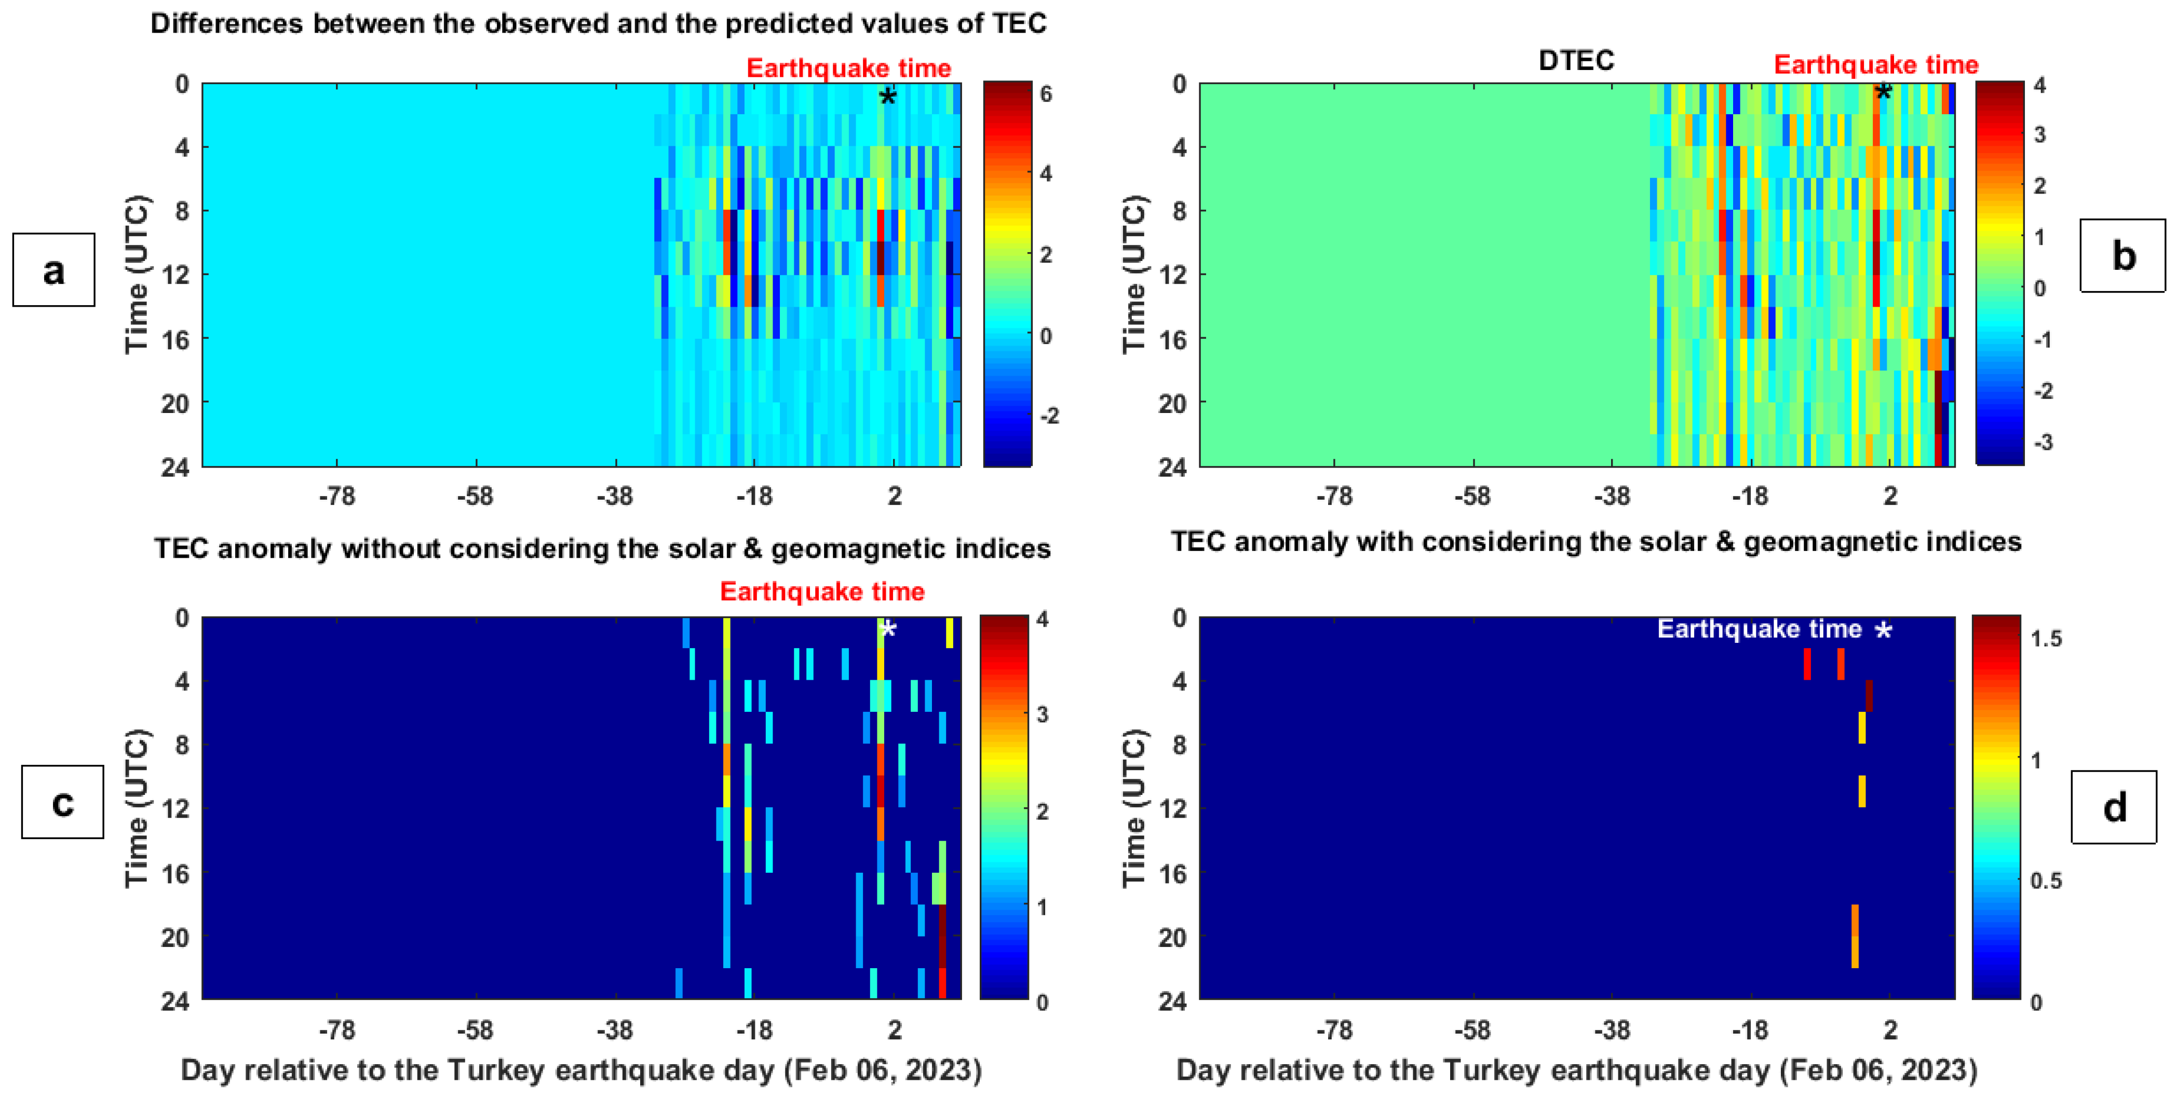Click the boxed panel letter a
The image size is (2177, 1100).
point(53,270)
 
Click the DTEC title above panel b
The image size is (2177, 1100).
point(1576,60)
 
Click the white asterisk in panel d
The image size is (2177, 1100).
point(1884,631)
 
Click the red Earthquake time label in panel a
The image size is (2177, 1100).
point(848,67)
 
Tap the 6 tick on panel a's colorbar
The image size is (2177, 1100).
point(1046,94)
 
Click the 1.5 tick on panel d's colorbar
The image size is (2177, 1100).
point(2046,638)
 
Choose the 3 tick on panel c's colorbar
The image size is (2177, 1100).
point(1043,714)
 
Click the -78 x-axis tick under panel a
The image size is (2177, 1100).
point(336,496)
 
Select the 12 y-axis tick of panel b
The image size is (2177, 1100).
point(1172,274)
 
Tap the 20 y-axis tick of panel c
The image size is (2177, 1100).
point(175,937)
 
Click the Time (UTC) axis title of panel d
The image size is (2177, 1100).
point(1135,808)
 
